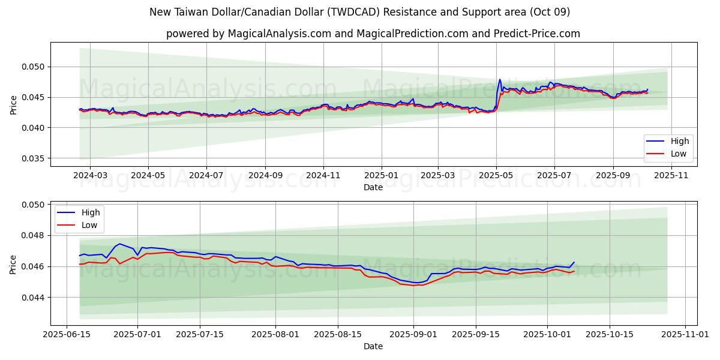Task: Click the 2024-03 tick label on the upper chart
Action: [90, 176]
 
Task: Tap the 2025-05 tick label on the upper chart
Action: [496, 176]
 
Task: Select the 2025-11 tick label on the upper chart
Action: [671, 176]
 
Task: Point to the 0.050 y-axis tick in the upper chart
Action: [34, 67]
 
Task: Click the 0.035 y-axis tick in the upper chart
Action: [34, 158]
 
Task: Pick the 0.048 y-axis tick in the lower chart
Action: [34, 235]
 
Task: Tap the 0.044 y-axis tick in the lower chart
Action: [34, 297]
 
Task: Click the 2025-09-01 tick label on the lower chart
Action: [413, 335]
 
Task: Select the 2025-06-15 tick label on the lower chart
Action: [67, 335]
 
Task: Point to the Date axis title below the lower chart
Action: [373, 346]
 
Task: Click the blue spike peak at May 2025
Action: [500, 79]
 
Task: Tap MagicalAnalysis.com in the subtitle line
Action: [280, 34]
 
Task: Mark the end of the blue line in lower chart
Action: [574, 262]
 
